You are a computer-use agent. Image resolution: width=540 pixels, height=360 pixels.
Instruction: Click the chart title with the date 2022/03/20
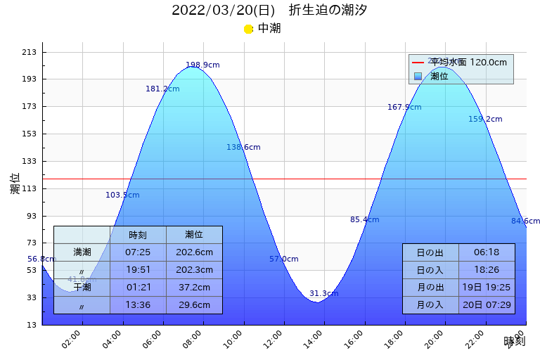point(269,11)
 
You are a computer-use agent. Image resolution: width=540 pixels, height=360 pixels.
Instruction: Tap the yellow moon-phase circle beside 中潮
point(248,29)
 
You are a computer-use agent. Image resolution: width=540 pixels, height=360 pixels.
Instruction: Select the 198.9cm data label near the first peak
point(202,65)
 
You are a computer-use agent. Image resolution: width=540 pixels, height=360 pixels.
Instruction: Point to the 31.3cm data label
point(323,294)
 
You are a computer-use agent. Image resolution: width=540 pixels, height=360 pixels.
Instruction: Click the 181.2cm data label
point(162,89)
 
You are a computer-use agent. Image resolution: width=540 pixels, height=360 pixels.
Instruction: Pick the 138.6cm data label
point(243,148)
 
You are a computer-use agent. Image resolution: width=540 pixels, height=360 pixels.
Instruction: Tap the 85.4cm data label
point(364,220)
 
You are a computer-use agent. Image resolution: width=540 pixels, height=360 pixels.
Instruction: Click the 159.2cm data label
point(485,120)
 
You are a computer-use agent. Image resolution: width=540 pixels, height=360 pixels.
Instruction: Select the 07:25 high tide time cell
point(138,252)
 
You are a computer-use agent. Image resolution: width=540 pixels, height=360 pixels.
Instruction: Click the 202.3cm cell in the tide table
point(194,270)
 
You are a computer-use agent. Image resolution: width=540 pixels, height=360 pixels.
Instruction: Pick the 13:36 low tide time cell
point(138,305)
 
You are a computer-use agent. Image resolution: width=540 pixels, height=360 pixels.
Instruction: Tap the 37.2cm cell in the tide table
point(194,288)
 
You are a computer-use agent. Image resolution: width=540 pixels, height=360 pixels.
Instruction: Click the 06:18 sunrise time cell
point(487,252)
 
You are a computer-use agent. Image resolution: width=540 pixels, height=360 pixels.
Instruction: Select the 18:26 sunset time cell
point(487,270)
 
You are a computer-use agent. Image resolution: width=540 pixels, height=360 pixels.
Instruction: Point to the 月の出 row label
point(430,288)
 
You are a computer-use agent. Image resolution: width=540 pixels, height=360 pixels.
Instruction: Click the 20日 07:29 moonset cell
point(487,305)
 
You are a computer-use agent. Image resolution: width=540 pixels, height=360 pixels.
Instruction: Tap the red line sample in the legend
point(418,63)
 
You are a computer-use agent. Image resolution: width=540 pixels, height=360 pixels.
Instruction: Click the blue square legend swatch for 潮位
point(418,76)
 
